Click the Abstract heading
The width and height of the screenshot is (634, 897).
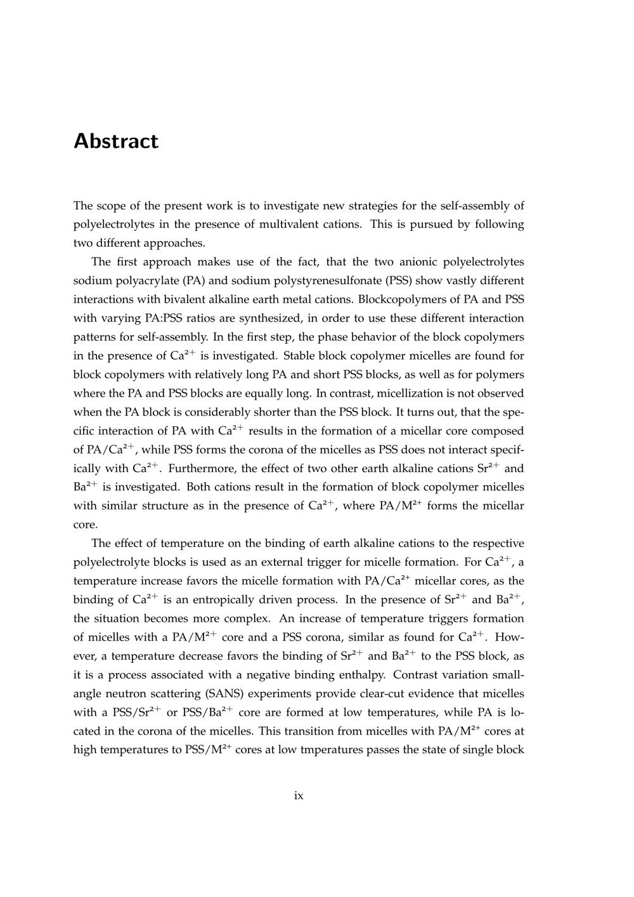[116, 141]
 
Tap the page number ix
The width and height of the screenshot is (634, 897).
[299, 796]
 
